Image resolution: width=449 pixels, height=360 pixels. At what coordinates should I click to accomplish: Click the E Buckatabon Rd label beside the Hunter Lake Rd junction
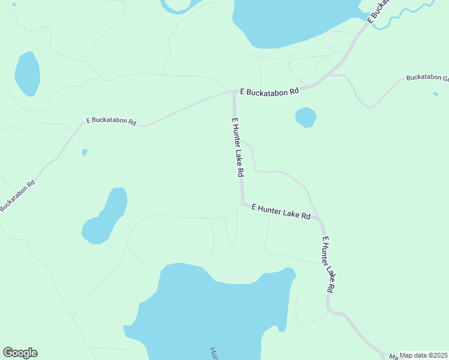click(x=269, y=92)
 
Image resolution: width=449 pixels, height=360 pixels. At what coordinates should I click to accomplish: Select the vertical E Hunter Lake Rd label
click(x=238, y=146)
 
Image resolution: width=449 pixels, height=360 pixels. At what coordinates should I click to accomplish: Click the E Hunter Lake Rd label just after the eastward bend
click(x=281, y=211)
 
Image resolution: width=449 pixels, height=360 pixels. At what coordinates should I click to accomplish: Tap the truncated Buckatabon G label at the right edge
click(x=427, y=78)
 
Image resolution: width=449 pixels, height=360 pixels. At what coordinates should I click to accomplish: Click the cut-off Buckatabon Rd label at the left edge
click(x=18, y=195)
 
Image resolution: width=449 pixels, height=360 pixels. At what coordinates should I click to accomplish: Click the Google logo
click(x=20, y=353)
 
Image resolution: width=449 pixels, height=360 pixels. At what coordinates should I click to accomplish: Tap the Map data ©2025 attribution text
click(x=424, y=355)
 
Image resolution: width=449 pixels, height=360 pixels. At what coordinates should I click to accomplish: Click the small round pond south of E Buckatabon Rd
click(x=306, y=117)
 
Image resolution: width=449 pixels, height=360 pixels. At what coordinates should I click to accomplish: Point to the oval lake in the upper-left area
click(x=27, y=74)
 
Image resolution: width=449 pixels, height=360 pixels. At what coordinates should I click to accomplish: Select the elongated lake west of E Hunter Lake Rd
click(x=106, y=216)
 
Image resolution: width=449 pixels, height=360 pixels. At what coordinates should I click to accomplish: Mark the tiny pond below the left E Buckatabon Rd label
click(x=85, y=152)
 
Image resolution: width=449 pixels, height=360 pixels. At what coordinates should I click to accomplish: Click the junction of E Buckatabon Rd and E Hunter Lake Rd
click(x=234, y=92)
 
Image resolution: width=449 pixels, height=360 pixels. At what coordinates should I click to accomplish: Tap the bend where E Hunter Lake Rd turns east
click(x=243, y=204)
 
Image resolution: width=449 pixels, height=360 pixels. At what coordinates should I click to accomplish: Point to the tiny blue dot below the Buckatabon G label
click(x=435, y=94)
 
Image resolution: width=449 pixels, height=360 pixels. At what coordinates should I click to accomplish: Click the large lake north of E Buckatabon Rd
click(x=288, y=21)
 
